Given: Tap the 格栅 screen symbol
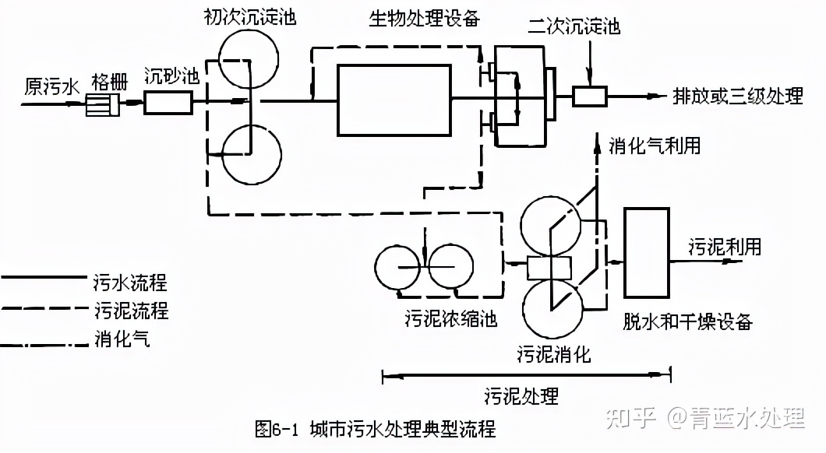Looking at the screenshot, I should [104, 104].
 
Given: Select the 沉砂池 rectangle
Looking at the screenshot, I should [168, 103].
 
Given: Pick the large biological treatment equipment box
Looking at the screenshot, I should [394, 100].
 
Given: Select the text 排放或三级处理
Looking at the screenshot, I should [737, 97].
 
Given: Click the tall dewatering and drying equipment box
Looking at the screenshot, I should [647, 252].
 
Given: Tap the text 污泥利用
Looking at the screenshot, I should [724, 248].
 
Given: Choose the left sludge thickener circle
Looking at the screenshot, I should [399, 269].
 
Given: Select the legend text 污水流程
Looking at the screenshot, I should [129, 282].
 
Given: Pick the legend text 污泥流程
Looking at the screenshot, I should [130, 311].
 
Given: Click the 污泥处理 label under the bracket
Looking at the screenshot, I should [521, 395].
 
